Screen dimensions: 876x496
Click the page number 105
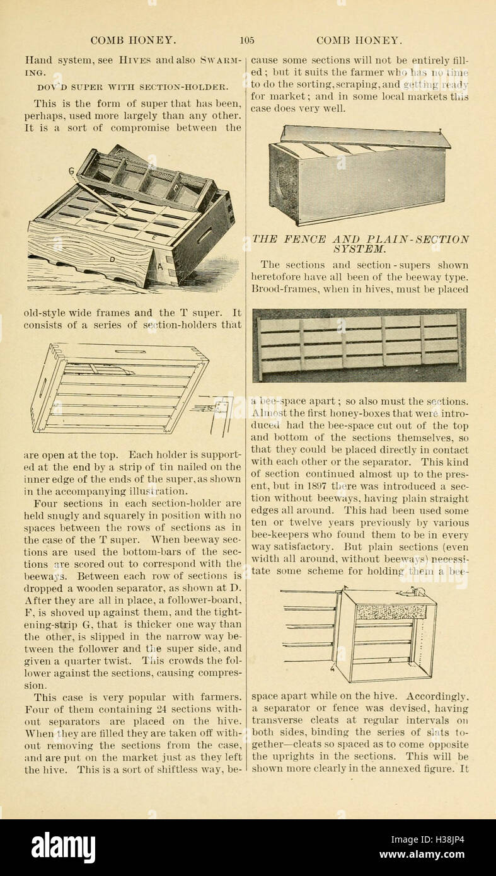point(247,40)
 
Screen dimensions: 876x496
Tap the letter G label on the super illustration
point(72,171)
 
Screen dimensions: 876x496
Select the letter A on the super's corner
point(159,265)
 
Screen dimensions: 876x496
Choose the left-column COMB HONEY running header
point(133,40)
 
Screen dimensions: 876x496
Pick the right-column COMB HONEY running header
point(359,40)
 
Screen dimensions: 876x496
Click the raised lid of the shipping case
point(365,137)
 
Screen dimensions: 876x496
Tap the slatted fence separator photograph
point(359,345)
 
